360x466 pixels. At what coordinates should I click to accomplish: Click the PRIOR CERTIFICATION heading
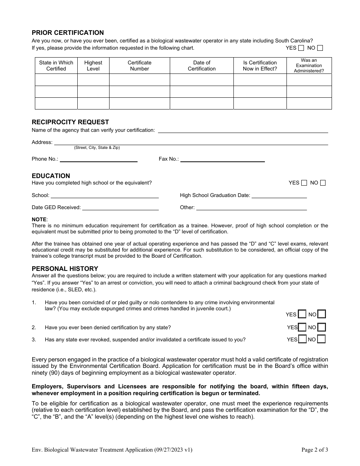[67, 33]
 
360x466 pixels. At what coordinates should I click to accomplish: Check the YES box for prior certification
[301, 48]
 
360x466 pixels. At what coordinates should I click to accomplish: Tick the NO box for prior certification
[320, 48]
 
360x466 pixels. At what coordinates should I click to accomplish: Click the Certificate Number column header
[139, 66]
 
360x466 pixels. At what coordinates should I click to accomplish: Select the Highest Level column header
[93, 66]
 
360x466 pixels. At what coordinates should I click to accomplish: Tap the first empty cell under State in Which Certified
[56, 80]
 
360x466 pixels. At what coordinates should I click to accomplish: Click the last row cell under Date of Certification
[202, 103]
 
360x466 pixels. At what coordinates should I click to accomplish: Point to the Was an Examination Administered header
[309, 66]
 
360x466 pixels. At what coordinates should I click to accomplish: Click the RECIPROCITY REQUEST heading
[70, 122]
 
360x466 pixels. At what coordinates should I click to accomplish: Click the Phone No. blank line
[99, 160]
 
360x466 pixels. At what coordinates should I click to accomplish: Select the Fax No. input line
[222, 160]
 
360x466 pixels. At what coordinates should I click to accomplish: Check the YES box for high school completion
[304, 183]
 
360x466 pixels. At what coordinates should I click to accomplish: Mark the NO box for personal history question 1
[321, 314]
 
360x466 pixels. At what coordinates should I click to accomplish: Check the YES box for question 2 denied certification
[302, 327]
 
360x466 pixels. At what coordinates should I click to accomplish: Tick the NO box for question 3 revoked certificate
[321, 339]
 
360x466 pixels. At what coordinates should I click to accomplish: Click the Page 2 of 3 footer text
[315, 450]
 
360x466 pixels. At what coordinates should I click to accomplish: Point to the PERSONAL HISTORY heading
[65, 269]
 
